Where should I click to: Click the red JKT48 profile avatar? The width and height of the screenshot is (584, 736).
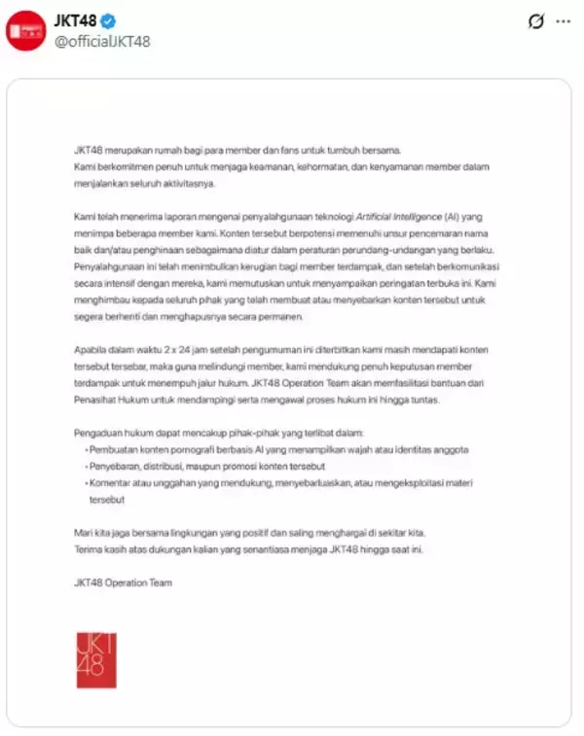tap(25, 30)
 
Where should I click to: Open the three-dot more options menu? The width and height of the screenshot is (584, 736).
tap(563, 20)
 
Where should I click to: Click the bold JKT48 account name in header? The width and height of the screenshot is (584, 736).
tap(74, 20)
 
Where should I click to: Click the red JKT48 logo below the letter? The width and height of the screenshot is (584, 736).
tap(97, 659)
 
